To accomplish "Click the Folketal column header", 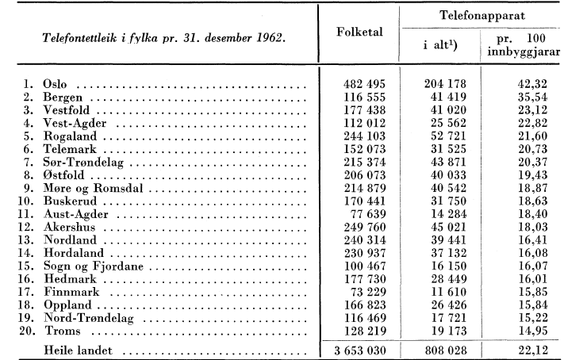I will [x=358, y=36].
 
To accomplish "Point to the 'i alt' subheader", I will [x=438, y=46].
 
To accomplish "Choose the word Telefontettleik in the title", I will [x=68, y=36].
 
